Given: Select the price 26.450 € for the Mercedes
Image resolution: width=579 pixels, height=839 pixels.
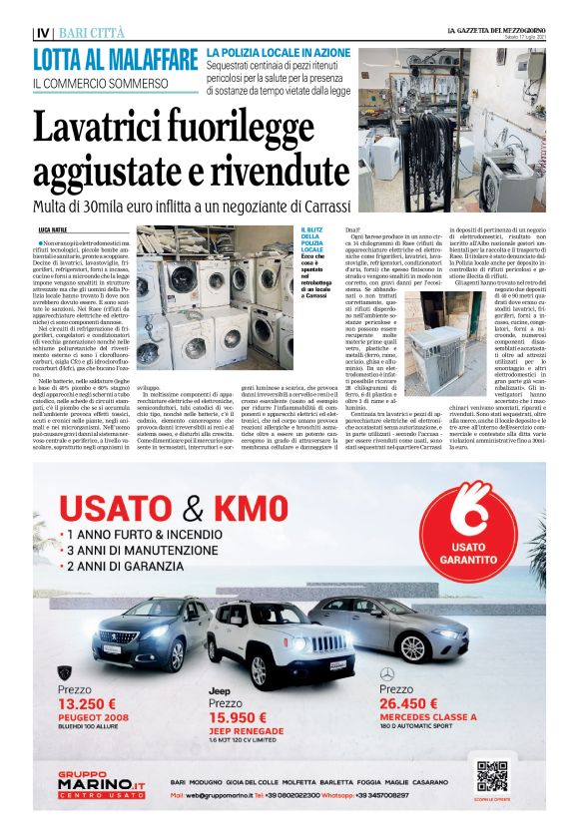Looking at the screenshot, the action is point(415,700).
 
